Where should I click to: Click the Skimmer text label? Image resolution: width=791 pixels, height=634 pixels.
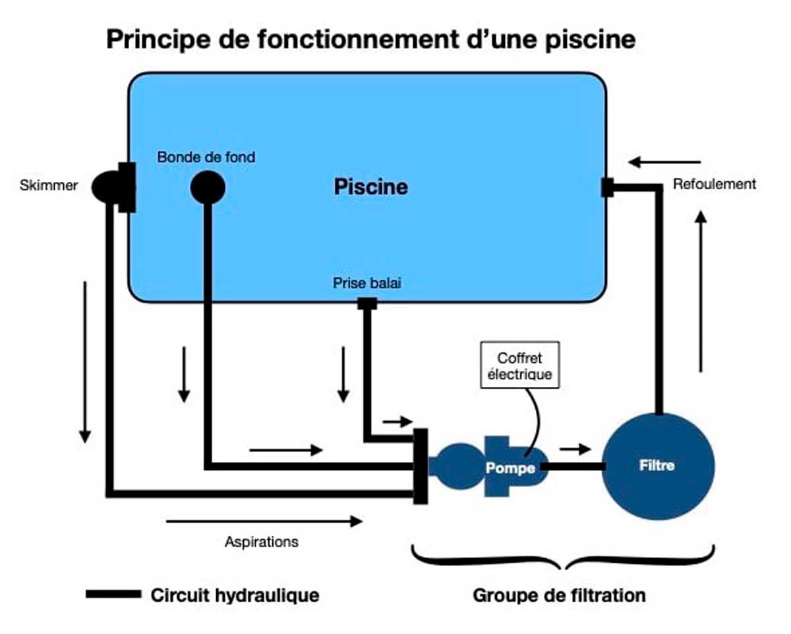tap(49, 186)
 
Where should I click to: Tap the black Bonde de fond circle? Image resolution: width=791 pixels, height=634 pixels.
tap(208, 188)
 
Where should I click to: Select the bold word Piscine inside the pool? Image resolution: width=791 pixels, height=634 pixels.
tap(370, 187)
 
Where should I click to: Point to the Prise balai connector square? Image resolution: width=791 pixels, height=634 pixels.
tap(367, 303)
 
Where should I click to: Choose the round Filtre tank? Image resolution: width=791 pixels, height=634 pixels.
tap(658, 466)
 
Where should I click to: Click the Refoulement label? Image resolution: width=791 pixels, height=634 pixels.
tap(714, 185)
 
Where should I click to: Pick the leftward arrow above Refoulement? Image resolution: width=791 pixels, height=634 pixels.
tap(664, 162)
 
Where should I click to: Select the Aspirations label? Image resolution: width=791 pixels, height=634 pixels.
tap(262, 542)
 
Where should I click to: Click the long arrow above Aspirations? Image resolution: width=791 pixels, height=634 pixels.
tap(264, 521)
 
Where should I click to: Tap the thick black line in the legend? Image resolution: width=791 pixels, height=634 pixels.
tap(113, 594)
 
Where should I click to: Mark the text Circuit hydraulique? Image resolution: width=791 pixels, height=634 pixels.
tap(235, 595)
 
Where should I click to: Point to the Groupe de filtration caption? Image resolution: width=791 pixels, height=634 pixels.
tap(559, 595)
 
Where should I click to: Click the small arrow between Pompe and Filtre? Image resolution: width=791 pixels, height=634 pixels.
tap(575, 449)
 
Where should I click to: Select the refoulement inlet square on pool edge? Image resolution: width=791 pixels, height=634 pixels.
tap(608, 187)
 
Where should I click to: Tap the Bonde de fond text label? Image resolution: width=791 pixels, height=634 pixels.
tap(206, 158)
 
